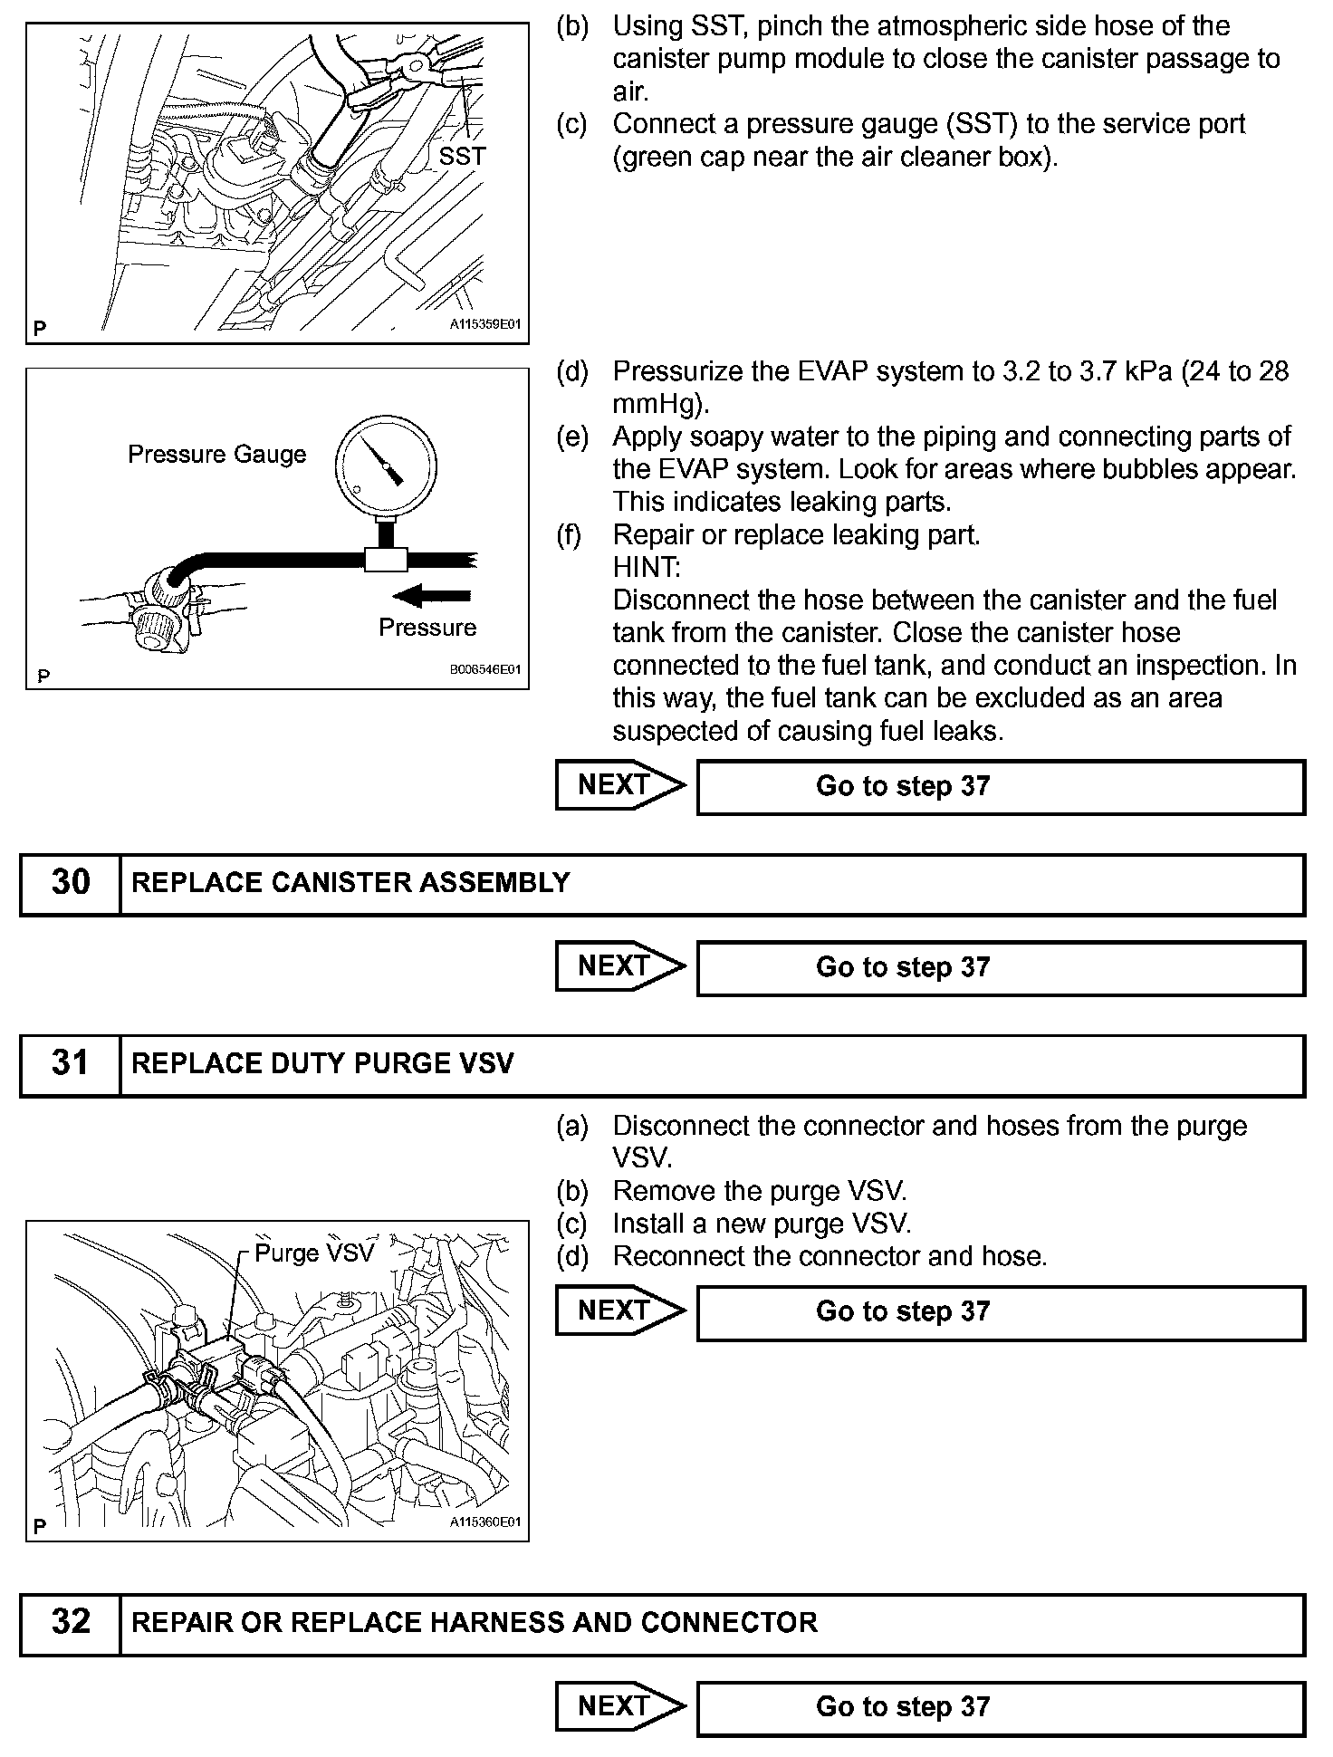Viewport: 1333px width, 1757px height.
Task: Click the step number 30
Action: pos(71,883)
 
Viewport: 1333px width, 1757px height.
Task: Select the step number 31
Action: pos(71,1064)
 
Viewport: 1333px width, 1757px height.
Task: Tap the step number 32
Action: pos(71,1622)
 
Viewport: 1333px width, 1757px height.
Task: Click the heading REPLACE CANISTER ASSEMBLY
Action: pos(350,883)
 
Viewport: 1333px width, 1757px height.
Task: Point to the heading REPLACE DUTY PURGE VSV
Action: pos(322,1064)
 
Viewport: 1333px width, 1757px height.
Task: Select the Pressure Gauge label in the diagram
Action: pos(217,455)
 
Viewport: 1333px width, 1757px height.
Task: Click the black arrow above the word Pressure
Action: pos(434,596)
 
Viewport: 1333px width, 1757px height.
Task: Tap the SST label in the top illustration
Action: pos(462,157)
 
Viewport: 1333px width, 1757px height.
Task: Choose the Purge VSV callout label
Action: pos(313,1253)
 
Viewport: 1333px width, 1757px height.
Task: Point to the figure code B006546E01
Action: pos(486,671)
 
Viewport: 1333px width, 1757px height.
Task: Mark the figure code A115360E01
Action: pos(486,1522)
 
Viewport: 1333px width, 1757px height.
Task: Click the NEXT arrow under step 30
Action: pos(619,966)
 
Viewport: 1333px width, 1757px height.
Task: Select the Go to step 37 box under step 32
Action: pos(1001,1707)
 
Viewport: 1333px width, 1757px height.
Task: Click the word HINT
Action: pos(646,568)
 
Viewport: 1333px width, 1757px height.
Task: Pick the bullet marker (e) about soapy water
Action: pos(572,437)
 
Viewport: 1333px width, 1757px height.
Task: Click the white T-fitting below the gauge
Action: pos(386,559)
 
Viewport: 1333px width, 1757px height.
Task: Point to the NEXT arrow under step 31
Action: pos(619,1311)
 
